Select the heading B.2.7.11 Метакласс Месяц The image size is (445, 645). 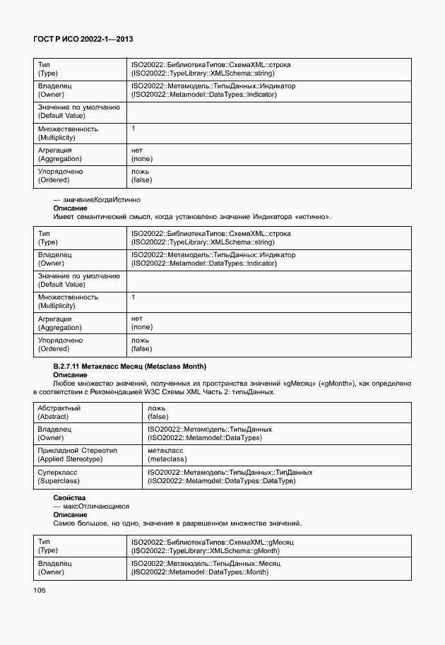(x=129, y=367)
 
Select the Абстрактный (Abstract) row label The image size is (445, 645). (x=59, y=413)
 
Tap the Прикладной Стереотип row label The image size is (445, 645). (x=77, y=454)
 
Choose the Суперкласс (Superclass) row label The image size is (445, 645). (x=58, y=475)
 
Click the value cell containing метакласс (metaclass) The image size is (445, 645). (x=167, y=454)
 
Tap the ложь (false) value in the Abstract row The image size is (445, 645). (x=158, y=413)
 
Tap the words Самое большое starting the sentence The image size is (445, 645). (x=78, y=523)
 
